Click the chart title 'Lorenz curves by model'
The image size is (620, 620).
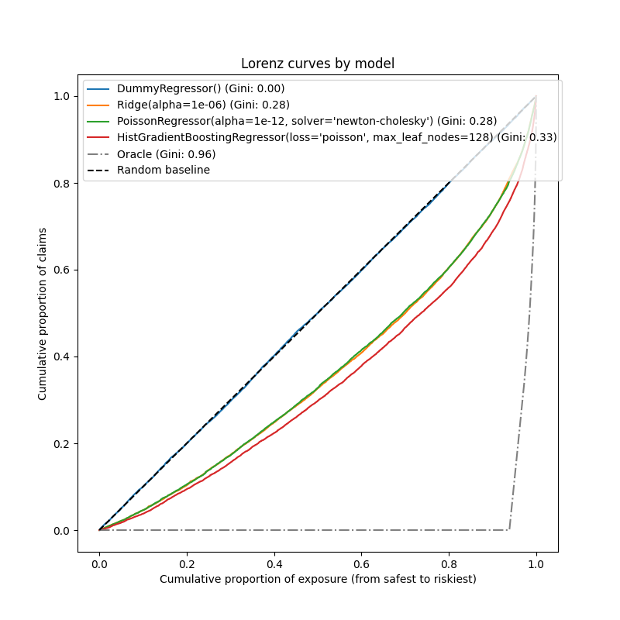pos(317,64)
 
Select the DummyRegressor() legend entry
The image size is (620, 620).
pos(201,88)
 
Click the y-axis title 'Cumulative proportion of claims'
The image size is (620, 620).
pos(43,314)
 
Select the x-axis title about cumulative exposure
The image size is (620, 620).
pos(318,579)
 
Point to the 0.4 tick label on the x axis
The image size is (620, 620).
pos(274,563)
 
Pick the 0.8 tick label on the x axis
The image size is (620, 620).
pos(449,563)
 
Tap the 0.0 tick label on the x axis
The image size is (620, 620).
pos(99,563)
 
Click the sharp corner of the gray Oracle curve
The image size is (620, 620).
pos(509,530)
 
